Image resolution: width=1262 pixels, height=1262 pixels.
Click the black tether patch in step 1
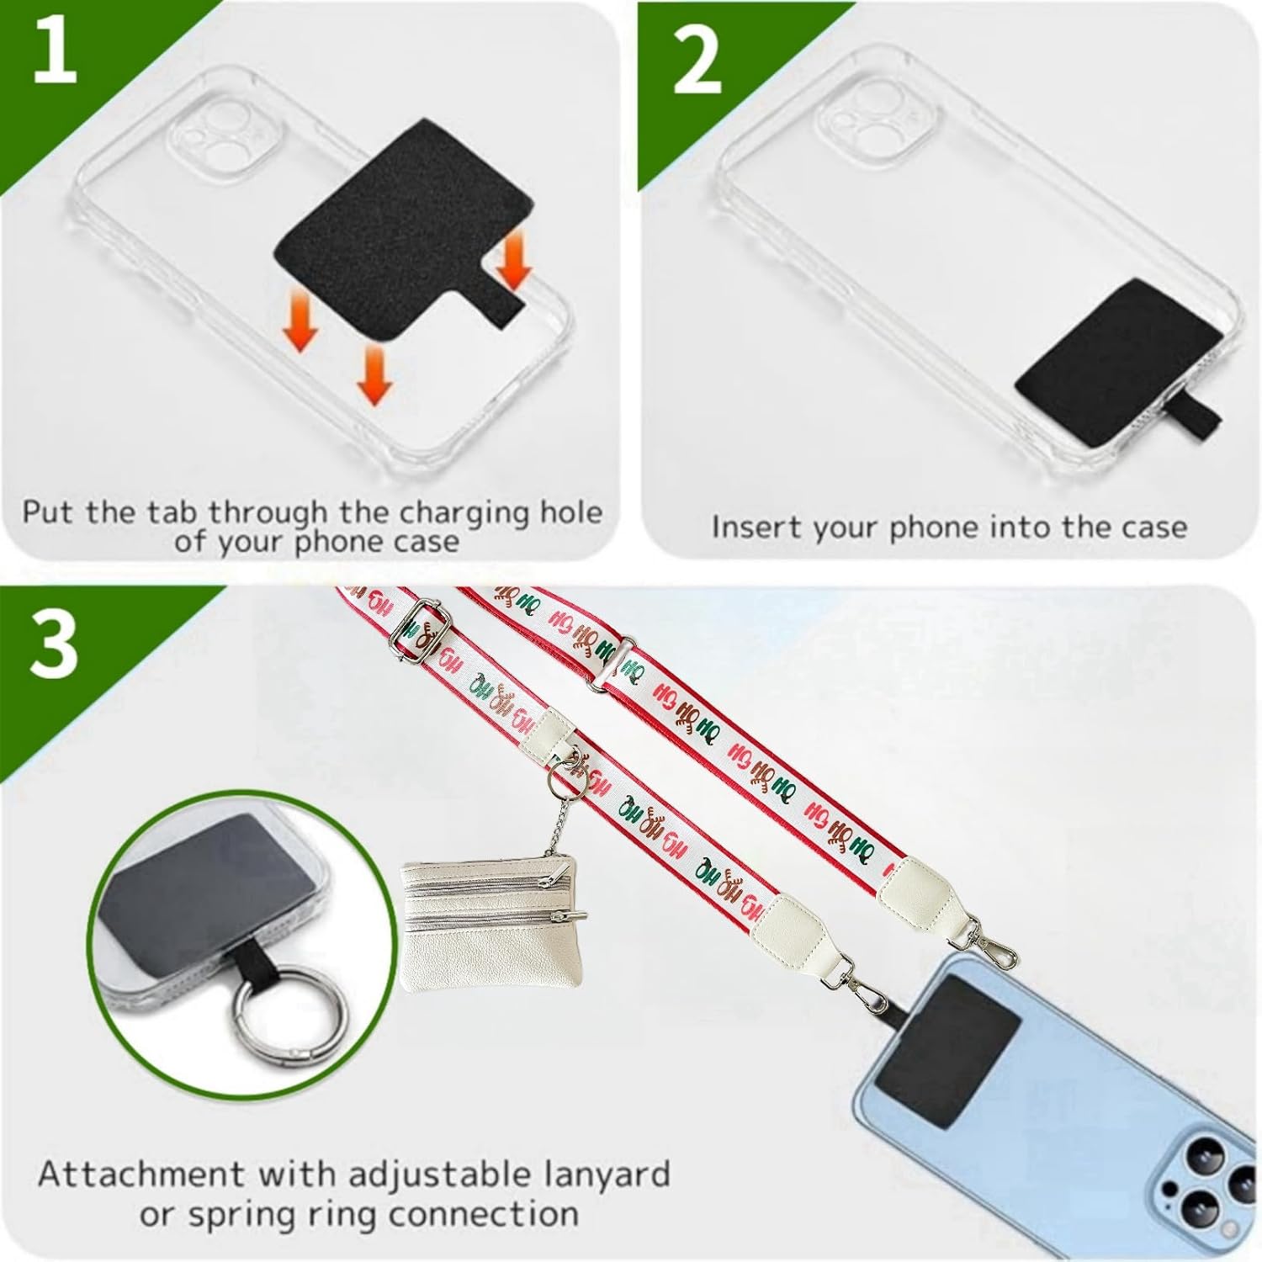point(402,252)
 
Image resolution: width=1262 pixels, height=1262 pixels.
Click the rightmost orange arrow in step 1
point(512,262)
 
